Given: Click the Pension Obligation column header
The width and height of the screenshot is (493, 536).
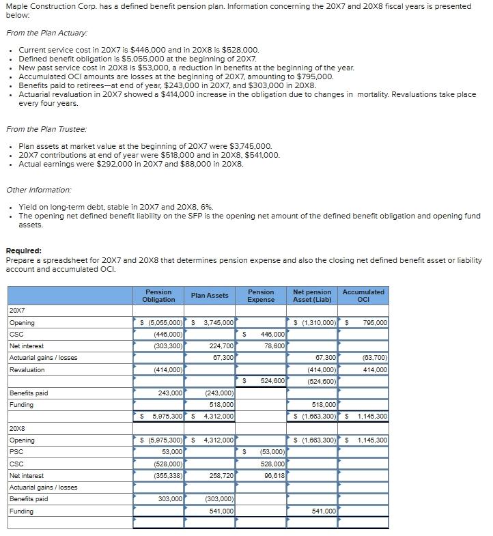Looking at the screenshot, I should (158, 295).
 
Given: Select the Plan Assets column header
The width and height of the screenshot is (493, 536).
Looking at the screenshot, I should (210, 295).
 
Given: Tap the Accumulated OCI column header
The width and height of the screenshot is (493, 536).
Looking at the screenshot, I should (363, 295).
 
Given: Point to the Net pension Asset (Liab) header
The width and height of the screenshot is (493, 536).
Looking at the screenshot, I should (312, 295).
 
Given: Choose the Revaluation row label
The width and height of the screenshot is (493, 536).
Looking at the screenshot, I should (27, 369).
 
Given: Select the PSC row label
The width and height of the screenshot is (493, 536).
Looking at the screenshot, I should (16, 452).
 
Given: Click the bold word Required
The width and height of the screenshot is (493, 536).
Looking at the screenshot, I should (23, 251).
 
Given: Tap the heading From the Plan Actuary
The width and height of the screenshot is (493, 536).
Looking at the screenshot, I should (46, 33).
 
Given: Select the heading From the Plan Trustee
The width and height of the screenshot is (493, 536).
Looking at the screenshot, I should (46, 129).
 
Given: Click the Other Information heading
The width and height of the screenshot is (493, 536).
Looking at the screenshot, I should (39, 190).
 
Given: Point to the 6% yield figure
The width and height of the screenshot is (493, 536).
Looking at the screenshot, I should (207, 207).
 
